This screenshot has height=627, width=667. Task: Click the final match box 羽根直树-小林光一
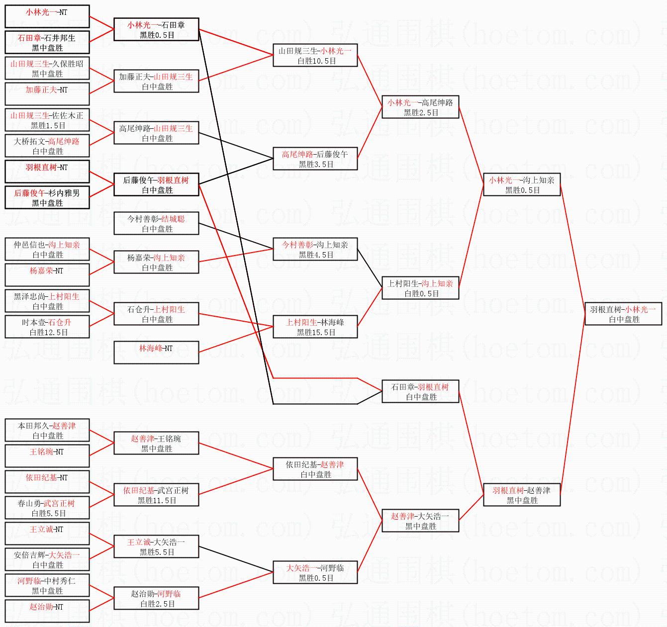(623, 314)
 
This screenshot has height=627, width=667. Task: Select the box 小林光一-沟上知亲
(522, 184)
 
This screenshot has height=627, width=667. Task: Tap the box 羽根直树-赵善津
(522, 495)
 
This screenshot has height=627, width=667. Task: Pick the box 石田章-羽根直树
(420, 391)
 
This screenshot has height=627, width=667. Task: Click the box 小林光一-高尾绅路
(420, 107)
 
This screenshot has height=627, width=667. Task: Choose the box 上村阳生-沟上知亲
(420, 288)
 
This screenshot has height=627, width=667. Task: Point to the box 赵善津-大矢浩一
(420, 521)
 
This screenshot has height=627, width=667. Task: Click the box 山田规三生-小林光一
(315, 55)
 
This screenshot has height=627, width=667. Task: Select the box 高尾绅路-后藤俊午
(315, 159)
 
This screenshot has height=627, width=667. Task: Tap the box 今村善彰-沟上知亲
(315, 249)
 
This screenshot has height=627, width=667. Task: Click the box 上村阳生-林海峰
(315, 327)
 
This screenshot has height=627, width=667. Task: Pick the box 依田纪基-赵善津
(315, 469)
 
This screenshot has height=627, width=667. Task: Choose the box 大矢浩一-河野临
(315, 572)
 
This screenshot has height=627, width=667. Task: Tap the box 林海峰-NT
(156, 353)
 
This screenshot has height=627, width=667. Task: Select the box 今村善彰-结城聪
(156, 223)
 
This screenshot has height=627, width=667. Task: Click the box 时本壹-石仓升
(47, 327)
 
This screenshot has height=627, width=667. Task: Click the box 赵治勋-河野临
(156, 598)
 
